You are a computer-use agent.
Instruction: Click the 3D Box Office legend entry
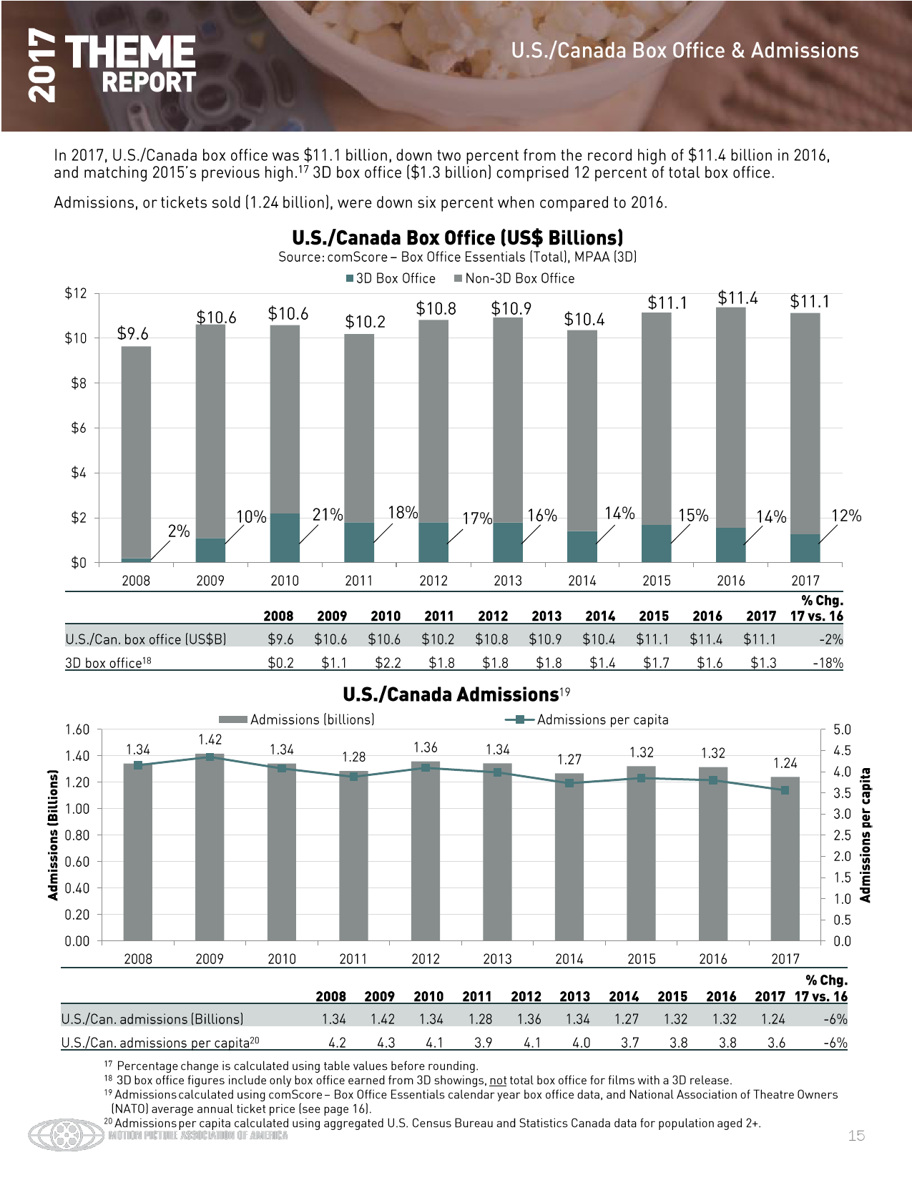[391, 278]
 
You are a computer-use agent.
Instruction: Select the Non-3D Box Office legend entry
[514, 278]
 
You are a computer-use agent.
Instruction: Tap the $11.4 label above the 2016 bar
[737, 298]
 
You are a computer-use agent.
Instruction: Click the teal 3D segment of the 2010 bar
[285, 538]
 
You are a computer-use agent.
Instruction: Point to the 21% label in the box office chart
[328, 514]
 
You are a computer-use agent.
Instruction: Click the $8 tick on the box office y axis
[79, 383]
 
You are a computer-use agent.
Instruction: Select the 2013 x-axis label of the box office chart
[507, 581]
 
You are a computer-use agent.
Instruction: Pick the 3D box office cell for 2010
[388, 662]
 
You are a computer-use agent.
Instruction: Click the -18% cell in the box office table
[828, 662]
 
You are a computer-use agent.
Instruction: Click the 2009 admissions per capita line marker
[210, 757]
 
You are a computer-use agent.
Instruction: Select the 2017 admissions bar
[785, 858]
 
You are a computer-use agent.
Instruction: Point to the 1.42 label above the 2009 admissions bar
[210, 739]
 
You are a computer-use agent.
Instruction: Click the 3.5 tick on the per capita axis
[841, 793]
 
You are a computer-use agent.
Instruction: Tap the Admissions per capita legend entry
[587, 719]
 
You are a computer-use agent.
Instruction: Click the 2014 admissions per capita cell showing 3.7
[629, 1043]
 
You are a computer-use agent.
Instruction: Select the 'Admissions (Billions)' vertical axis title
[53, 835]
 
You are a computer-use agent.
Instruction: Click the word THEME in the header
[130, 52]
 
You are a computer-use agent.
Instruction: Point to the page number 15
[856, 1136]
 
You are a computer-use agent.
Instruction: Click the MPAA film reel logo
[67, 1135]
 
